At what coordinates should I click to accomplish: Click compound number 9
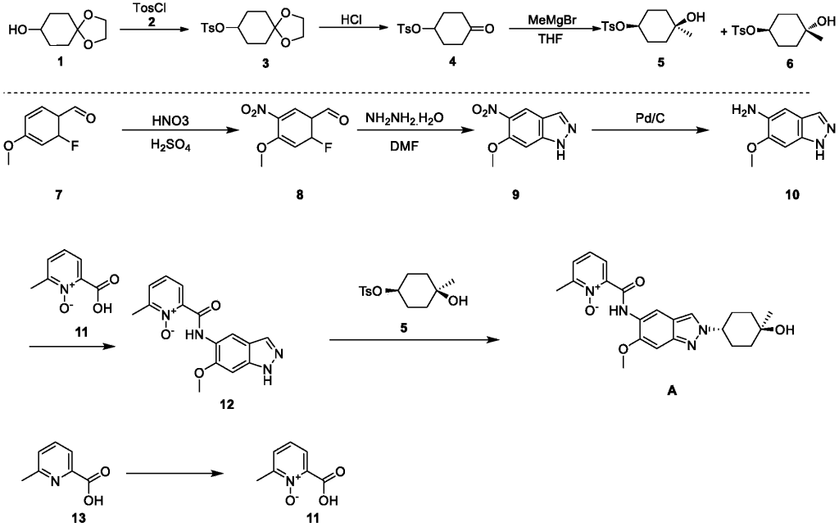tap(515, 196)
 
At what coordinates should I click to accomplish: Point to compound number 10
tap(789, 196)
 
